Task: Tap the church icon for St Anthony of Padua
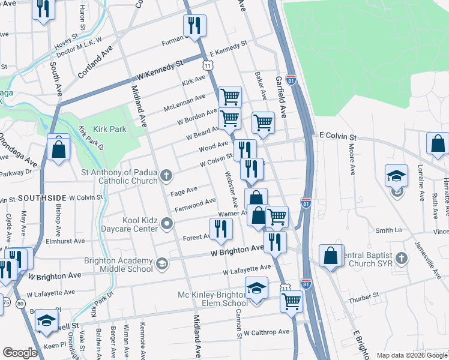167,176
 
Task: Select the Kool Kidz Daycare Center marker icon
167,224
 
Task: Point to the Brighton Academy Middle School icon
161,265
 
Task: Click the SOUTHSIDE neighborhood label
42,197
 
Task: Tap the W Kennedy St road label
159,71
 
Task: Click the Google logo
21,353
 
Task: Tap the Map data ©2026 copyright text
411,355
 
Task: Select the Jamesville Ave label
429,260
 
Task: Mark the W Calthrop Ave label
266,331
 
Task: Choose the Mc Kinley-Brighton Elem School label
212,299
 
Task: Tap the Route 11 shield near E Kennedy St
206,64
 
